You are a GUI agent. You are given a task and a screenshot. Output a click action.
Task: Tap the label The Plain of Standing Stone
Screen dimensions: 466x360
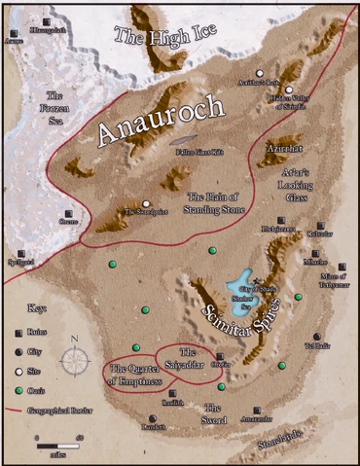coord(220,203)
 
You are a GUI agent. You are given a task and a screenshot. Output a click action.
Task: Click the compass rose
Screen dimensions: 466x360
coord(74,359)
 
